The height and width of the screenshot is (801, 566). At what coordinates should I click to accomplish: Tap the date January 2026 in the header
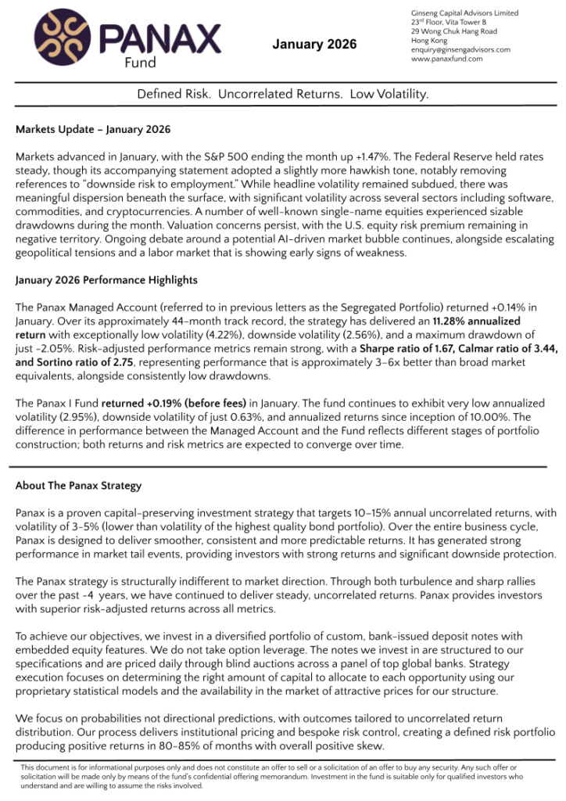click(314, 45)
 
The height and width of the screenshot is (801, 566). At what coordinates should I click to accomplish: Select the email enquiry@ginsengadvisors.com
click(460, 49)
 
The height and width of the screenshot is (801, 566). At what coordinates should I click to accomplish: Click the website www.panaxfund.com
click(446, 59)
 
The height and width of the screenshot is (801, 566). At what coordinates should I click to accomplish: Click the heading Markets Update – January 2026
click(93, 129)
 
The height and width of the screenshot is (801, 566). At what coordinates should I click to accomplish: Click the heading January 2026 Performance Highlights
click(106, 280)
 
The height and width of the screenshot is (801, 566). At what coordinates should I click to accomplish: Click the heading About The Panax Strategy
click(78, 486)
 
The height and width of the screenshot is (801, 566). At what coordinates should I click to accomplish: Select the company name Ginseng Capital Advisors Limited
click(464, 13)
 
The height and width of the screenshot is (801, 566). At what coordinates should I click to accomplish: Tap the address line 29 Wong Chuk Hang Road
click(453, 31)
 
